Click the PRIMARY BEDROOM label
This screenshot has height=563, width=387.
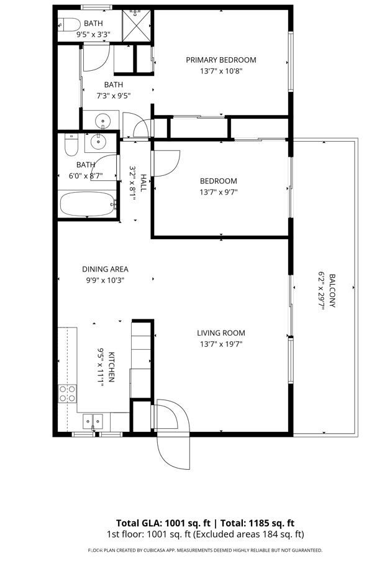221,60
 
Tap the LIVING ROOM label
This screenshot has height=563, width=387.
221,333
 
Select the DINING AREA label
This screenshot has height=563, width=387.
105,269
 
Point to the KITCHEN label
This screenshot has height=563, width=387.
112,367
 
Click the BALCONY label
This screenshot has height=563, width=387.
332,291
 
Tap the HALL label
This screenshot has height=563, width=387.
143,183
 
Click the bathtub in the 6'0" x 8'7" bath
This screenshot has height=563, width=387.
88,204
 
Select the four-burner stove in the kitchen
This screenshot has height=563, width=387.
68,393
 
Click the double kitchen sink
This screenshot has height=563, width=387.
93,421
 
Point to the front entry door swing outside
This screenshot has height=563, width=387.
174,451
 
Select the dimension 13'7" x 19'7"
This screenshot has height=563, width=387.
221,344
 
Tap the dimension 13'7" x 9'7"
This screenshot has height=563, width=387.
219,192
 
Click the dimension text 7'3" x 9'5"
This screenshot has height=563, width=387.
114,96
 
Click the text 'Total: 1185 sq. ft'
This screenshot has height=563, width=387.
257,523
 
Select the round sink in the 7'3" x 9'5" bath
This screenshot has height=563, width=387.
103,121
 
